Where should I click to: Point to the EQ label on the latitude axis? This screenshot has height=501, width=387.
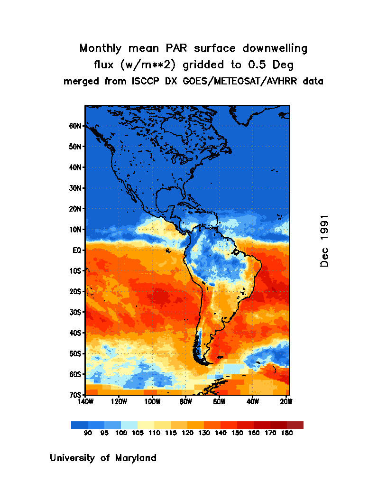click(x=78, y=250)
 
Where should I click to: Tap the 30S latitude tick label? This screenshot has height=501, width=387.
click(x=77, y=312)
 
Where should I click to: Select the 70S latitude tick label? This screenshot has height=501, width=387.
click(x=77, y=395)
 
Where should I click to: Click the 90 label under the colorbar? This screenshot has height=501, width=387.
click(x=88, y=433)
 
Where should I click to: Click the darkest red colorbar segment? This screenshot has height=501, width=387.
click(x=295, y=425)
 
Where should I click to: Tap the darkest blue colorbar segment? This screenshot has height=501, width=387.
click(x=79, y=425)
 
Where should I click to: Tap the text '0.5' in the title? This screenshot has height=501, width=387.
click(x=251, y=64)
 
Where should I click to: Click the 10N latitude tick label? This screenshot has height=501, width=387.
click(x=77, y=229)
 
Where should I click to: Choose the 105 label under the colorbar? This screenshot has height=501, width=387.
click(x=138, y=433)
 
